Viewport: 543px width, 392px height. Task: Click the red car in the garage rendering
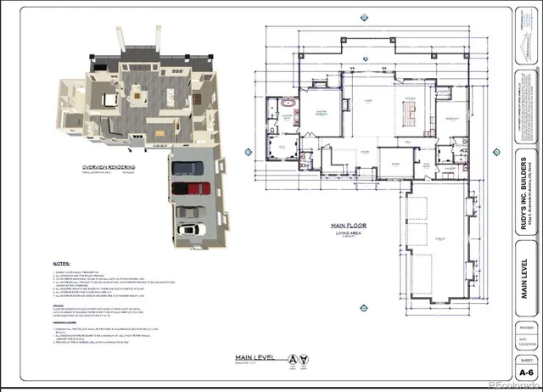coord(190,188)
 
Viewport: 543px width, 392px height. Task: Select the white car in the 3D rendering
coord(189,230)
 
